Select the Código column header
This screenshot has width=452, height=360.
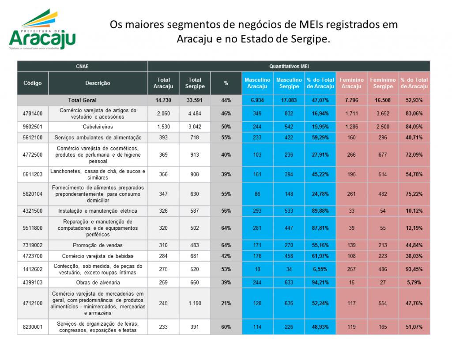pos(33,83)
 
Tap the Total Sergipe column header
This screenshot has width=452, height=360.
pos(195,83)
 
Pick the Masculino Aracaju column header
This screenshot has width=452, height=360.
pos(257,83)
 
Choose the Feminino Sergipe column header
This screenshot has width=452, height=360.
pos(383,83)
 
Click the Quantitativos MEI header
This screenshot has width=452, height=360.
pos(289,66)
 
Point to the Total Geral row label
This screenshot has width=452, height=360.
pos(82,100)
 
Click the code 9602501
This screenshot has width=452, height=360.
pos(33,127)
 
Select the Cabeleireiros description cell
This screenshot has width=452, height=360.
pos(98,127)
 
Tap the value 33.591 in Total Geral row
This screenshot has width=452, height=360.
pos(195,100)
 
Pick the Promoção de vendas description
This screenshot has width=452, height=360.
pos(98,245)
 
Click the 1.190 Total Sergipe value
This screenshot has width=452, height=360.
pos(195,303)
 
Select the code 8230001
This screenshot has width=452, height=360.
pos(33,327)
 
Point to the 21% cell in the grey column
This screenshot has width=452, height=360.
pos(226,303)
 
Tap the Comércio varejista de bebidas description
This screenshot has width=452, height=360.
pos(98,256)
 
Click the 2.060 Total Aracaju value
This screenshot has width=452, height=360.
pos(163,113)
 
